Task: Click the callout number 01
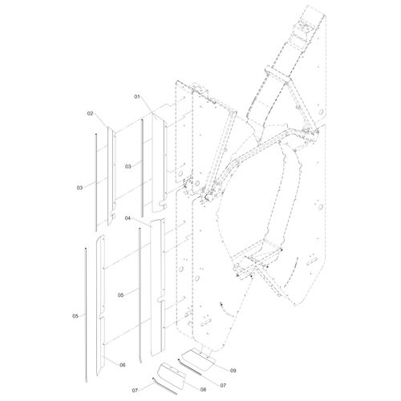tap(137, 97)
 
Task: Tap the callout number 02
tap(90, 113)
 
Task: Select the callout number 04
tap(128, 218)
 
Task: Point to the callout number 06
tap(123, 365)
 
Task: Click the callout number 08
tap(203, 390)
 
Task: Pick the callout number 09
tap(233, 371)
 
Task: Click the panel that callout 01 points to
tap(160, 163)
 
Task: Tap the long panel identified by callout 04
tap(158, 287)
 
